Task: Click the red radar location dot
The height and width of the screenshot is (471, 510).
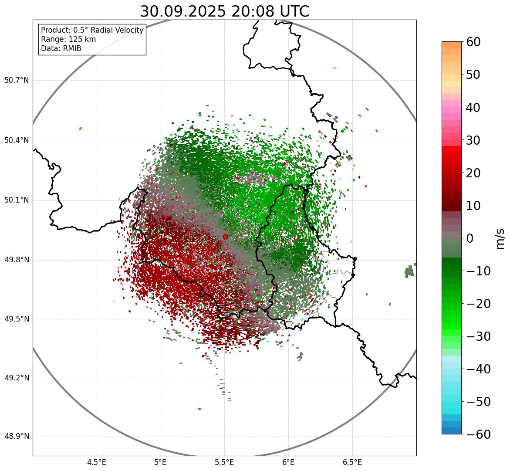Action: tap(225, 237)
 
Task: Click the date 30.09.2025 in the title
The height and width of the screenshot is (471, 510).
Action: tap(183, 11)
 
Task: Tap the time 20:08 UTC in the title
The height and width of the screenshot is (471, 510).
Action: tap(270, 11)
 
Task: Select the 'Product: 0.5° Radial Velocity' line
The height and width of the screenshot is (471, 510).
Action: tap(92, 30)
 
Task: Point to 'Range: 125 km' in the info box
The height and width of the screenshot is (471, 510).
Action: tap(68, 39)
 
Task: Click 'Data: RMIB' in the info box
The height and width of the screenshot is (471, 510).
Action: tap(61, 48)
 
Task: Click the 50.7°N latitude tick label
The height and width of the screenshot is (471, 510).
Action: tap(17, 81)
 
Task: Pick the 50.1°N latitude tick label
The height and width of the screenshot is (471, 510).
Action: tap(17, 200)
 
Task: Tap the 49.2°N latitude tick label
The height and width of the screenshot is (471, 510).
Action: tap(17, 378)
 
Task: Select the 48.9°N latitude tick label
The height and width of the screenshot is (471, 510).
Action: tap(17, 437)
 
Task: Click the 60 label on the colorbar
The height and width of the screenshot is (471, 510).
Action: tap(473, 42)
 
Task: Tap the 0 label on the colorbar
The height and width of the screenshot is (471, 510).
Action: tap(470, 238)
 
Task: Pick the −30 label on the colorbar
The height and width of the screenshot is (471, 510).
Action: tap(478, 336)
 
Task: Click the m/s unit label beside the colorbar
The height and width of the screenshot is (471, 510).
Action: tap(500, 238)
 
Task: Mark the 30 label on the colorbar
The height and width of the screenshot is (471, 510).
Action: tap(473, 140)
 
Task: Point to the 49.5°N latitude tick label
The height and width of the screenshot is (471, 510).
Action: tap(17, 319)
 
